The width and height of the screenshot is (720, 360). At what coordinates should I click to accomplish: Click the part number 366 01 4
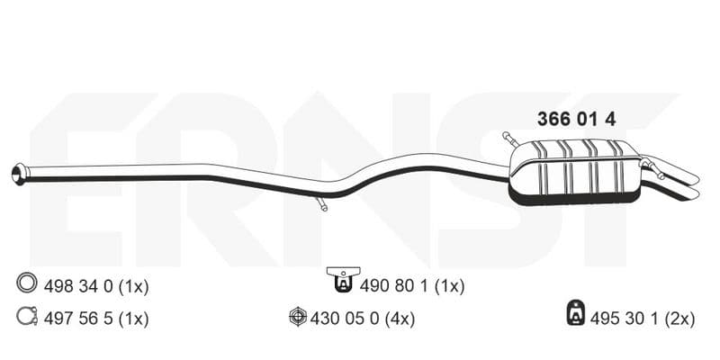(576, 120)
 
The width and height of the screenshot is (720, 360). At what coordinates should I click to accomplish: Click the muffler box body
(574, 172)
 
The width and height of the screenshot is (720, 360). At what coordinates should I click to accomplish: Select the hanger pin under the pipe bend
(321, 203)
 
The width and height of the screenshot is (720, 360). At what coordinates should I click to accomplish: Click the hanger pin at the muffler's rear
(654, 168)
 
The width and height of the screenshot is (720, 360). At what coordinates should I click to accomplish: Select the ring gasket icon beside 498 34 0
(27, 283)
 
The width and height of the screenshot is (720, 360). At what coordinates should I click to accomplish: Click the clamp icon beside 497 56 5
(27, 316)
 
